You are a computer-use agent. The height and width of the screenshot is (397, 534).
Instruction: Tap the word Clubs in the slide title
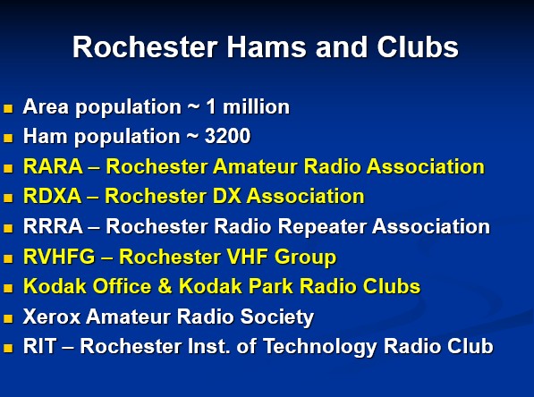[418, 47]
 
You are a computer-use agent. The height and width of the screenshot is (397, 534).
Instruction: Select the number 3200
[227, 136]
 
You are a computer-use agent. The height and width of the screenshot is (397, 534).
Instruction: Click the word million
[256, 106]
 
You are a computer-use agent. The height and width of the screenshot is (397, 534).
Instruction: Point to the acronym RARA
[53, 166]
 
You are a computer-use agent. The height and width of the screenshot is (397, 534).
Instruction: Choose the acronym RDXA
[53, 196]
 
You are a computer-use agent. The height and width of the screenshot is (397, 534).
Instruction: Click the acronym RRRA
[53, 226]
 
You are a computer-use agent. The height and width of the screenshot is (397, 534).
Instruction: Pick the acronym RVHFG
[59, 257]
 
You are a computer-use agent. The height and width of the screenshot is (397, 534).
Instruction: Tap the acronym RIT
[39, 346]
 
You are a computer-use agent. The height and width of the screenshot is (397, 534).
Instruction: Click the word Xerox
[52, 317]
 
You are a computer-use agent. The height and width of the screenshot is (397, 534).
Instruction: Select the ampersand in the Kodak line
[165, 286]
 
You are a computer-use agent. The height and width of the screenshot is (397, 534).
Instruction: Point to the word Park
[271, 286]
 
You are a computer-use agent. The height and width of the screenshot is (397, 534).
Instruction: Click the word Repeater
[322, 227]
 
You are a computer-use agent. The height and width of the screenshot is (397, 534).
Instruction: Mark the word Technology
[320, 347]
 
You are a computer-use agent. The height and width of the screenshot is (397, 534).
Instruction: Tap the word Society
[277, 317]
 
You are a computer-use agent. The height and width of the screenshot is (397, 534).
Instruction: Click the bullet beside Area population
[8, 108]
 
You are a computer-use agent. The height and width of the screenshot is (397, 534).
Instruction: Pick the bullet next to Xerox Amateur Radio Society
[8, 318]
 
